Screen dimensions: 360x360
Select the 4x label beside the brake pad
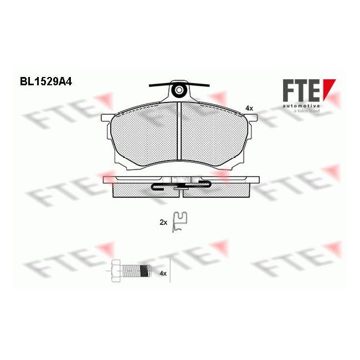(x=249, y=108)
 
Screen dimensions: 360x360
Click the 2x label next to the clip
(x=163, y=222)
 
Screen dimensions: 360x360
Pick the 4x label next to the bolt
(x=163, y=274)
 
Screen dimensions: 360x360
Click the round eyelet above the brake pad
(x=179, y=90)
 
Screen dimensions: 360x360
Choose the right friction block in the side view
(x=219, y=190)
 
